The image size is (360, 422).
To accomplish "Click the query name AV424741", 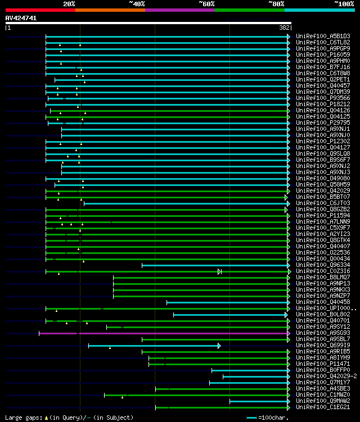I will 21,18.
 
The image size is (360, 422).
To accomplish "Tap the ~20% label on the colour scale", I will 69,4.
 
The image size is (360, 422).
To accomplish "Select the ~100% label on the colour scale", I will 344,4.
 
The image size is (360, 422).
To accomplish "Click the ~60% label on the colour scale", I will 206,4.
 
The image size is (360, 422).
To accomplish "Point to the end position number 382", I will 284,27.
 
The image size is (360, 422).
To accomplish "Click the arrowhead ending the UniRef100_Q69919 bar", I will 219,346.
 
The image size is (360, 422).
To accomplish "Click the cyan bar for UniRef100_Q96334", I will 214,265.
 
